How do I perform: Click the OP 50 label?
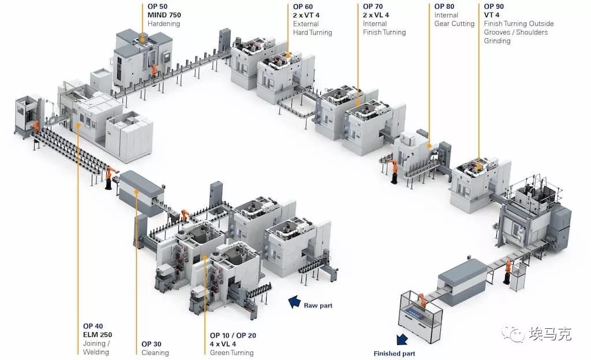(x=158, y=6)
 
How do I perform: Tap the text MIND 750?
(x=164, y=15)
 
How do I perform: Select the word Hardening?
(x=163, y=24)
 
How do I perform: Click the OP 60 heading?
(x=302, y=7)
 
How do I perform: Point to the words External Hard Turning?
(x=312, y=28)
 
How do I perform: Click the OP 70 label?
(x=373, y=6)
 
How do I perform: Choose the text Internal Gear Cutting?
(x=454, y=19)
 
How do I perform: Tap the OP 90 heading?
(x=494, y=6)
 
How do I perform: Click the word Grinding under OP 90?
(x=497, y=41)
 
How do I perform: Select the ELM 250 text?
(x=97, y=335)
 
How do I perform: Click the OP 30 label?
(x=151, y=344)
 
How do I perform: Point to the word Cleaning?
(x=155, y=353)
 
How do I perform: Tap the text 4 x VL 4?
(x=223, y=344)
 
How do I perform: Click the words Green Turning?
(x=231, y=353)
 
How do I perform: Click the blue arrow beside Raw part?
(x=294, y=302)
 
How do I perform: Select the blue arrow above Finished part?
(x=402, y=340)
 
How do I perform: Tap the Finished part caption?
(x=394, y=354)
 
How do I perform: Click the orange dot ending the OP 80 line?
(x=429, y=146)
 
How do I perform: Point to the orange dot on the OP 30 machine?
(x=136, y=192)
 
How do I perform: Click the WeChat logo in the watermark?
(x=513, y=333)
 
